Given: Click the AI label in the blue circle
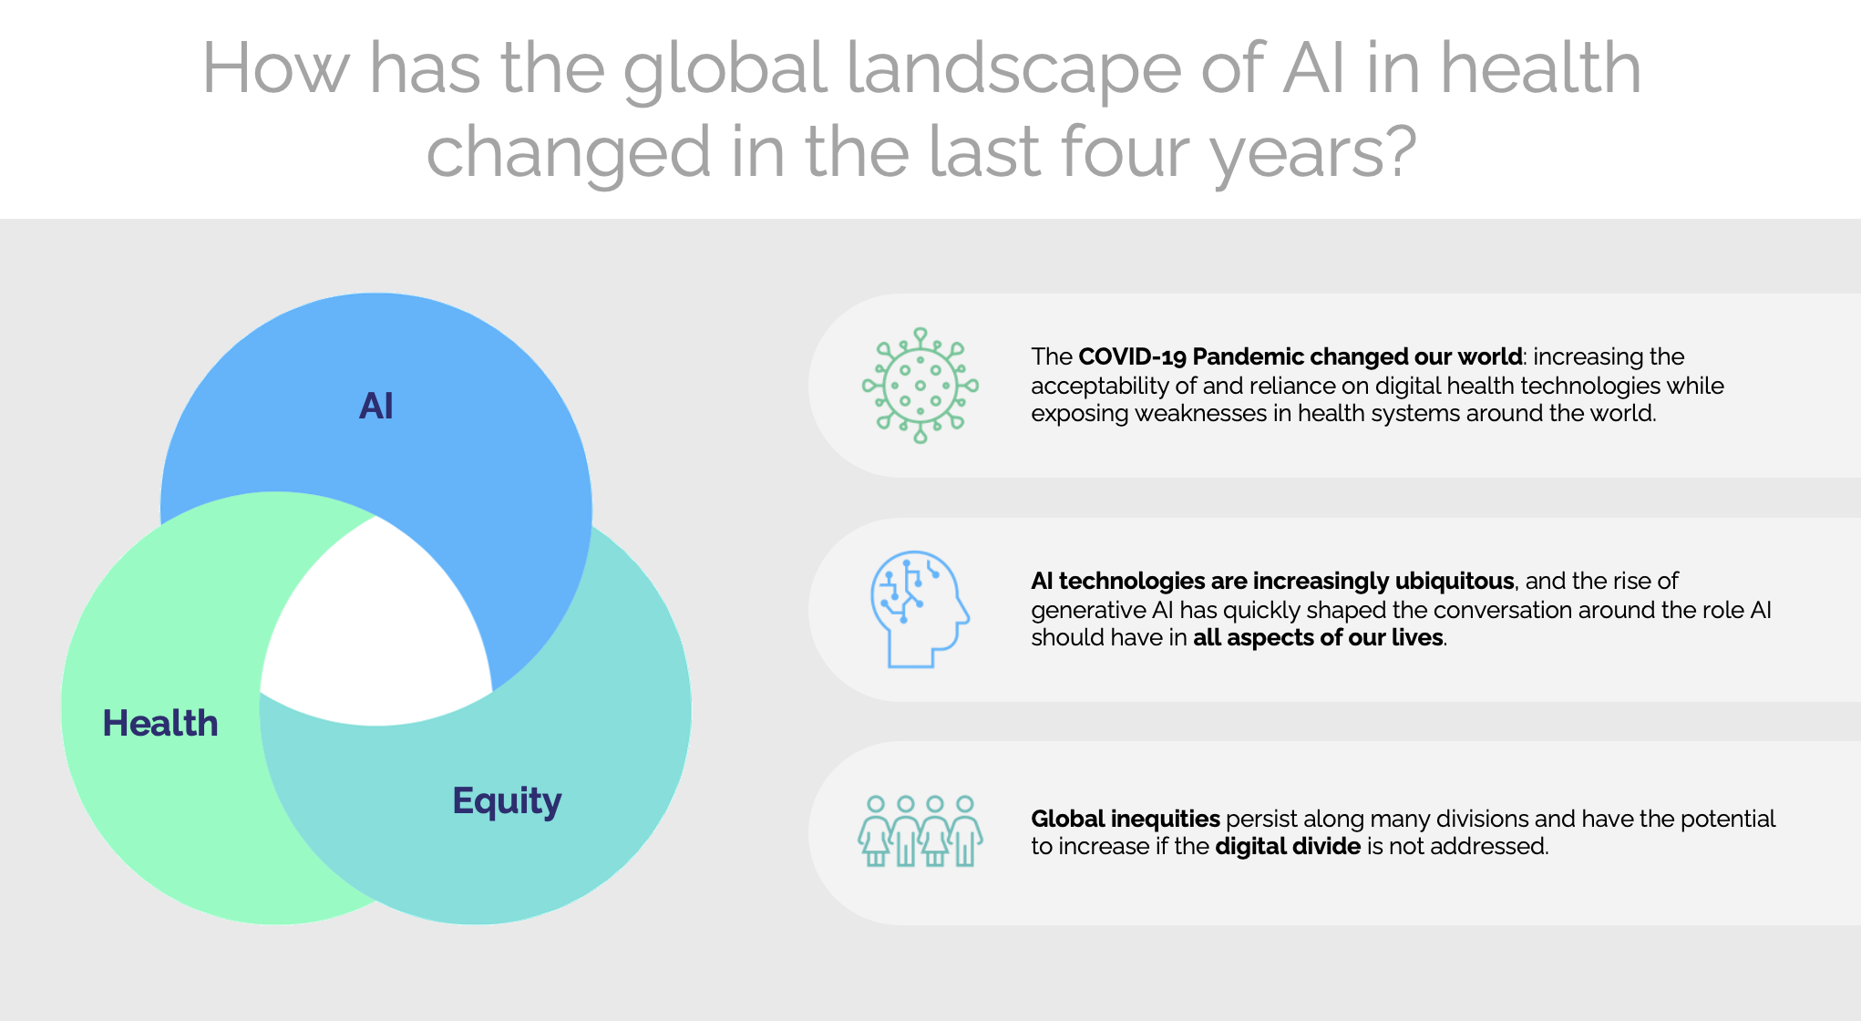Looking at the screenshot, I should [x=376, y=406].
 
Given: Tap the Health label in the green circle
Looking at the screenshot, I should [x=160, y=724].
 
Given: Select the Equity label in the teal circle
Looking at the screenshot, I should [x=507, y=801].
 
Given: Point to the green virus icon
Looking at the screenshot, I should [x=920, y=386].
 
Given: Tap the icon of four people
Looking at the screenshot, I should [x=920, y=830].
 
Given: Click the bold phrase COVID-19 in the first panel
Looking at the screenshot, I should [x=1132, y=356].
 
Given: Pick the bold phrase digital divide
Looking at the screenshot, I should [x=1288, y=847].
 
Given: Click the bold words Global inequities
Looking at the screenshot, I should [x=1126, y=819].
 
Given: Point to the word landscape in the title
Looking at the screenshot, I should [x=1013, y=69].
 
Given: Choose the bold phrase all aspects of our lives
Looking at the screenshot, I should [x=1319, y=637].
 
